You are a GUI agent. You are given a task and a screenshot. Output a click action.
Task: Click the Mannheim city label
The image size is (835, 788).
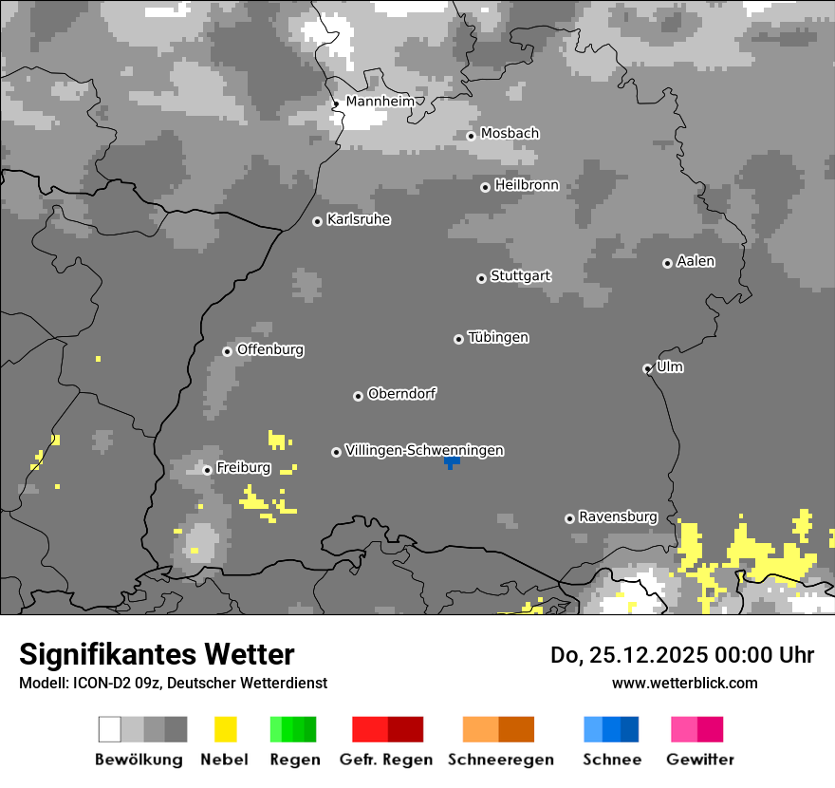(x=380, y=102)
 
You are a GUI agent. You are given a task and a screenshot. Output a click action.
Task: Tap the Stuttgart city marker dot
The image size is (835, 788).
(x=481, y=278)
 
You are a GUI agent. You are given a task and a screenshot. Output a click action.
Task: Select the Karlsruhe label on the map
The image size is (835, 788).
(x=359, y=219)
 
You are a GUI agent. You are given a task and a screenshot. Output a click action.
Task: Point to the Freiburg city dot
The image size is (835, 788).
(x=207, y=470)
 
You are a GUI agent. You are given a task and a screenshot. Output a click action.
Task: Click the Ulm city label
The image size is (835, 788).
(x=670, y=366)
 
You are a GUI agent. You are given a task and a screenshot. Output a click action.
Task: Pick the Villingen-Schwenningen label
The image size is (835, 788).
(x=424, y=450)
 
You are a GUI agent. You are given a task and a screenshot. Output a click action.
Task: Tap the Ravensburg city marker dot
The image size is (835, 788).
(x=569, y=518)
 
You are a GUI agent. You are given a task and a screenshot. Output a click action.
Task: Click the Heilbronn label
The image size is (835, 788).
(x=527, y=185)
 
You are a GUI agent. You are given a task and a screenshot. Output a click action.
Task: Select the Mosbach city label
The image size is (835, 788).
(x=510, y=134)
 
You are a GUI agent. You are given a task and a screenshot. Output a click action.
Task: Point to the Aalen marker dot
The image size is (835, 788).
(x=667, y=263)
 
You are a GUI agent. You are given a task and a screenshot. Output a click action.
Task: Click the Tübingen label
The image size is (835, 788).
(x=498, y=337)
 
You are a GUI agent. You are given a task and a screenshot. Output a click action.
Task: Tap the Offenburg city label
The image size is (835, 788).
(x=270, y=349)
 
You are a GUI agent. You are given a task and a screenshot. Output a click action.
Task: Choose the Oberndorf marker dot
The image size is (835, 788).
(x=358, y=396)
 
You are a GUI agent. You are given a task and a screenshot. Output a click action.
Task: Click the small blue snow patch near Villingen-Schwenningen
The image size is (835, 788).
(x=453, y=461)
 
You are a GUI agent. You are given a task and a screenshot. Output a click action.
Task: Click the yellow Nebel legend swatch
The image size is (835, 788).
(x=225, y=729)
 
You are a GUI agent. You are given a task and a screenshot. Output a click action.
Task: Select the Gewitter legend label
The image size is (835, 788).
(x=700, y=760)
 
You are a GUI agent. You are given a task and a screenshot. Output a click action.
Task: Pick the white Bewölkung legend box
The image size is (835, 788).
(x=110, y=729)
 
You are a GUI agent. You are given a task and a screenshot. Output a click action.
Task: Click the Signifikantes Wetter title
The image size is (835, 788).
(x=157, y=655)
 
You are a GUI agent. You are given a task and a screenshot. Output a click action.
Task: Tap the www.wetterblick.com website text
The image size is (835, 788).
(x=684, y=683)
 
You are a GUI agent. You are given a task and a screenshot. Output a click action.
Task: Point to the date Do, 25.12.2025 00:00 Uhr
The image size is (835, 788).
(x=682, y=655)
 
